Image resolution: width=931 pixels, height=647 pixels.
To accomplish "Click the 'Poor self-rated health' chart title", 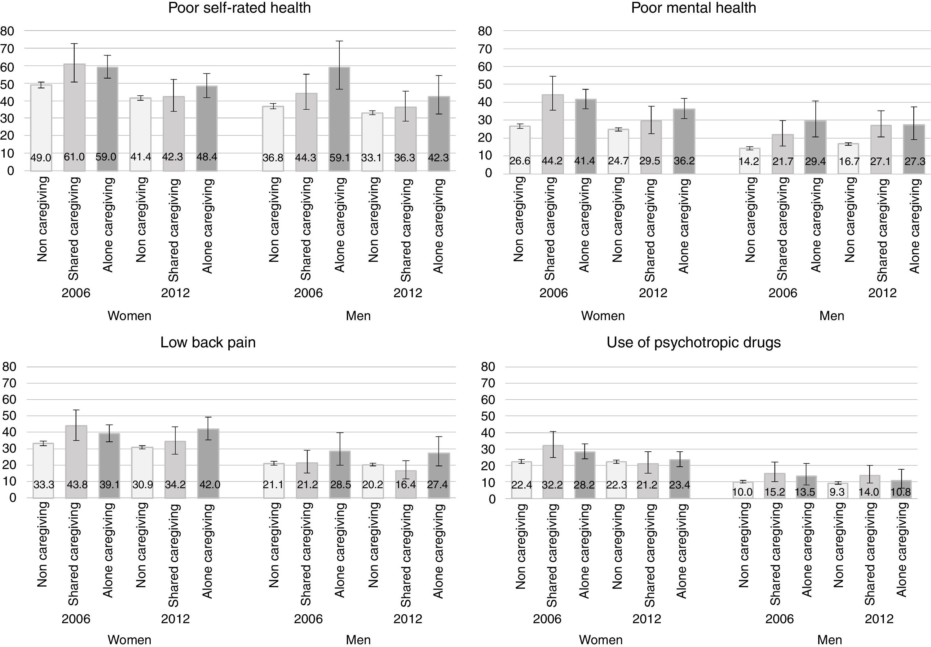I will point(239,8).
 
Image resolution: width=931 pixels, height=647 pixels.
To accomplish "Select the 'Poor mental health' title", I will point(693,8).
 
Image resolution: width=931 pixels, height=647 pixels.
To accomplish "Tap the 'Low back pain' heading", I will point(208,343).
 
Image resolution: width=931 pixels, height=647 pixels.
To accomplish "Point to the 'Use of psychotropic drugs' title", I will point(693,343).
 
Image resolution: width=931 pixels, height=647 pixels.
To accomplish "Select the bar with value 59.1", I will point(339,119).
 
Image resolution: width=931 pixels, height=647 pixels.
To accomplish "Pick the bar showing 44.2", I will point(552,134).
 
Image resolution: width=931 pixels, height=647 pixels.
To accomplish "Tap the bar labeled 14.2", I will point(749,161).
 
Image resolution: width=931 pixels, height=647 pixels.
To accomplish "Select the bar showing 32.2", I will point(552,472).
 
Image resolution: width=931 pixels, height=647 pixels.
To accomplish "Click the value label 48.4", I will point(206,157).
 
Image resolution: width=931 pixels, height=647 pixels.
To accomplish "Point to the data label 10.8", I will point(901,492).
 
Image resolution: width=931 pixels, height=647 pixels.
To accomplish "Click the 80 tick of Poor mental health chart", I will point(485,31).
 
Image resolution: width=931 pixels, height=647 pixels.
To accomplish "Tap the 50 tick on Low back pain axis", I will point(9,416).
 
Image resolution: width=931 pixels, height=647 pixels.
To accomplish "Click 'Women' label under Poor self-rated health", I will point(129,316).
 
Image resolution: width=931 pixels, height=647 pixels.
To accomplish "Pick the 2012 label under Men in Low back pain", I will point(408,619).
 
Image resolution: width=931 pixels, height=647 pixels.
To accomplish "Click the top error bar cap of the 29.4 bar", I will point(815,101).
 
